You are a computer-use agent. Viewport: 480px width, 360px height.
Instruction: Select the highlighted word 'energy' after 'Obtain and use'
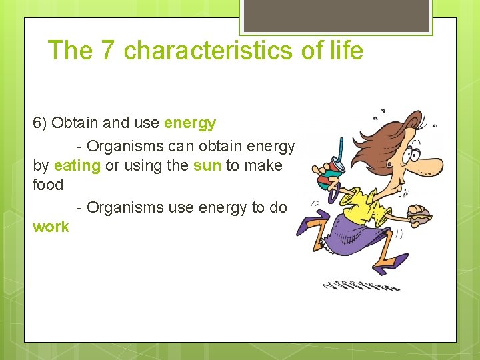click(x=190, y=123)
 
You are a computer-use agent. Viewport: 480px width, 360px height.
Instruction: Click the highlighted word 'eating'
click(x=77, y=165)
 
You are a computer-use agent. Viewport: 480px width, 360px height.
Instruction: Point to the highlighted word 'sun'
click(x=207, y=165)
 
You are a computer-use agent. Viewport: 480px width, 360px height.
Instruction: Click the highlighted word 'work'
click(x=51, y=227)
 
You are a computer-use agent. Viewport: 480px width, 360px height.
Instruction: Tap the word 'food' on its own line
click(x=48, y=185)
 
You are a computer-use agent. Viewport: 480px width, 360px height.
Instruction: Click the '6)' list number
click(x=40, y=123)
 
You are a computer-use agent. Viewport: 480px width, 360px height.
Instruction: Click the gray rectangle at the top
click(x=336, y=15)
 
